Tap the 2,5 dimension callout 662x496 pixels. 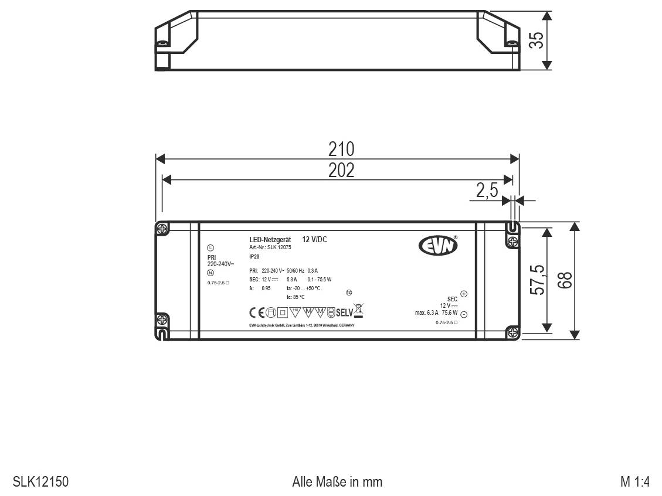point(487,191)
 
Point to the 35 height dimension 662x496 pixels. point(535,40)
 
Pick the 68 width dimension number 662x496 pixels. point(565,280)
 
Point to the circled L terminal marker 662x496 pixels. point(211,248)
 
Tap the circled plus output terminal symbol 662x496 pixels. point(463,294)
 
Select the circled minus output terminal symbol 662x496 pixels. point(463,314)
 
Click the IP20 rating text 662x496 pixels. point(254,257)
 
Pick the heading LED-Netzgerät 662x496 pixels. point(270,240)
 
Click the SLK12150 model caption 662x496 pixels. point(40,482)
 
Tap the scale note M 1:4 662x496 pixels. point(635,482)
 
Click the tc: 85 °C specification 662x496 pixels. point(296,297)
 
